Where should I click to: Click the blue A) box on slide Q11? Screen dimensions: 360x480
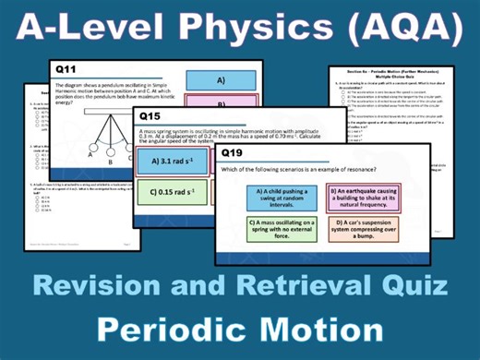(221, 80)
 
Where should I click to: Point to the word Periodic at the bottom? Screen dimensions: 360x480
(171, 330)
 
